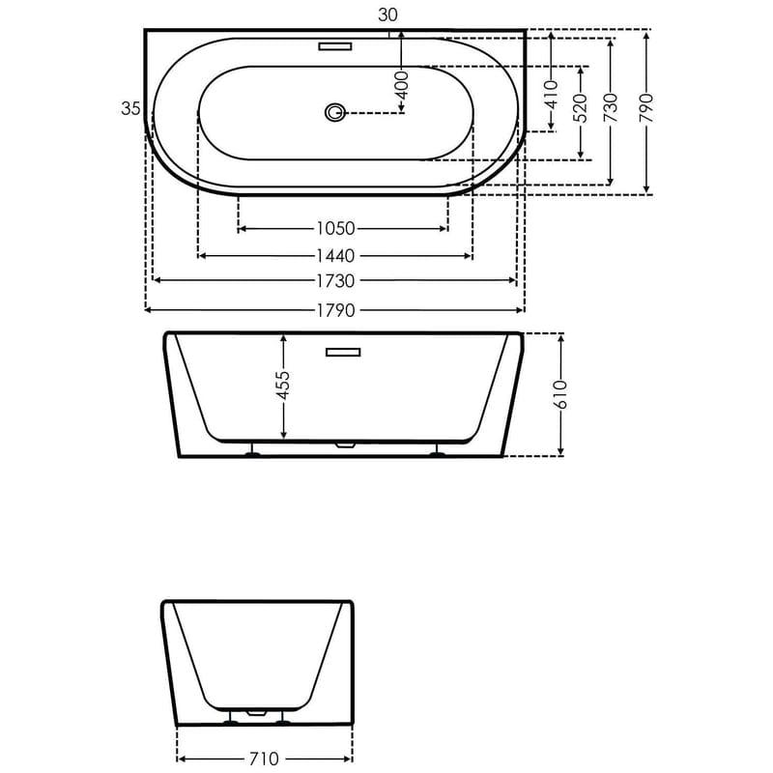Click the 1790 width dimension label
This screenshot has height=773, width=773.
point(335,310)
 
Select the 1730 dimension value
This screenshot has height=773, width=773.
point(335,281)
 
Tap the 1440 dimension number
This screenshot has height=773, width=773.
point(335,256)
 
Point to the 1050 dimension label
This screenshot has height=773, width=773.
point(335,229)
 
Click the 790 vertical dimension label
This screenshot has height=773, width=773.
point(646,111)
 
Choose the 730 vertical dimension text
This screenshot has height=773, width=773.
point(611,111)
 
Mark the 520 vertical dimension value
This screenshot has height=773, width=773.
point(581,111)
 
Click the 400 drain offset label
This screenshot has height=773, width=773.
point(403,83)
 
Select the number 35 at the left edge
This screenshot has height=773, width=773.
point(131,108)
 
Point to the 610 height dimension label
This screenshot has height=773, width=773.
point(561,394)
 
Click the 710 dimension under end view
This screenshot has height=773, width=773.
point(264,759)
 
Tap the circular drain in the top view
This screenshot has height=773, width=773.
point(335,113)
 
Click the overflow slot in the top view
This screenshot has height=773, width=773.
point(334,44)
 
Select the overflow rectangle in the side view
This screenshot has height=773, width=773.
point(342,352)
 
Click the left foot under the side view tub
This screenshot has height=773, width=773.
point(252,450)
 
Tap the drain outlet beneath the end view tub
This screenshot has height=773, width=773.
point(256,713)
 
